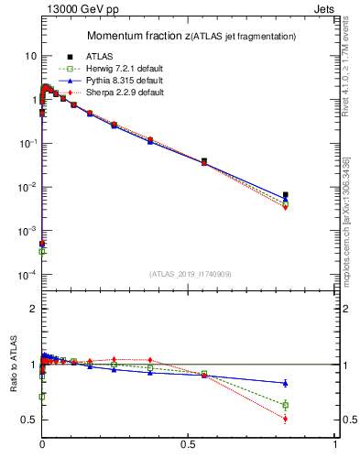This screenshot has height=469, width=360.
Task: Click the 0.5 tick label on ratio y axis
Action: point(28,420)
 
